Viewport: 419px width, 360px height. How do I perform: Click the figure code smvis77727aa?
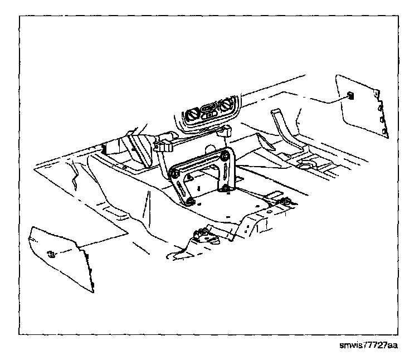(x=368, y=347)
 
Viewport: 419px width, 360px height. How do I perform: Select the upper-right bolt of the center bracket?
(x=225, y=157)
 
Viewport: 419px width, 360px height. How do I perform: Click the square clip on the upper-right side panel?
(x=350, y=95)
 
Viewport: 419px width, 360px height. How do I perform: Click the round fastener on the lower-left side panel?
(x=51, y=255)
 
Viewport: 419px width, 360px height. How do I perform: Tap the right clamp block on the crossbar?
(x=225, y=132)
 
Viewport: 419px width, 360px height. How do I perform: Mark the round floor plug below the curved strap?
(x=305, y=166)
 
